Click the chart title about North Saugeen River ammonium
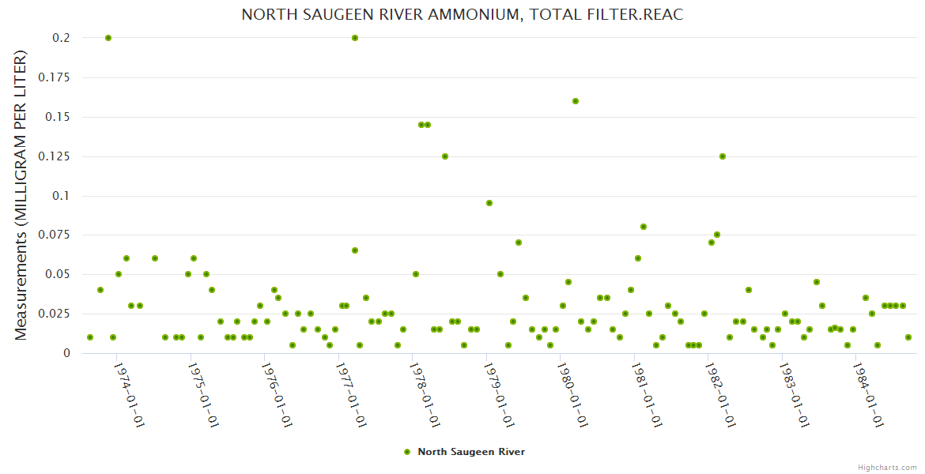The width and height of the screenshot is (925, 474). [x=462, y=15]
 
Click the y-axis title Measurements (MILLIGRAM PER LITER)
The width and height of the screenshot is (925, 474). [x=21, y=195]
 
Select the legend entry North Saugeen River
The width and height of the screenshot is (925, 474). [x=470, y=452]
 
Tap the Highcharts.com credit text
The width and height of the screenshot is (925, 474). [x=887, y=467]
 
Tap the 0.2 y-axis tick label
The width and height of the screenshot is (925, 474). [x=62, y=38]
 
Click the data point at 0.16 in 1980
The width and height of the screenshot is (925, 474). [x=576, y=101]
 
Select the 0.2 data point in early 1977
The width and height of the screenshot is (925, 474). [x=355, y=38]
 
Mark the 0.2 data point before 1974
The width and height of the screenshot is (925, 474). [x=108, y=38]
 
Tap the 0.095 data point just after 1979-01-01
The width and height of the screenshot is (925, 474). [x=489, y=203]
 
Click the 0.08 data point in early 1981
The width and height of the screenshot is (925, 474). [x=644, y=227]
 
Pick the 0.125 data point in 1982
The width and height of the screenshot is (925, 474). [x=723, y=156]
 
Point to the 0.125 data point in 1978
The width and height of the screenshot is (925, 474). [x=445, y=156]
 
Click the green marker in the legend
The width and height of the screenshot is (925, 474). [x=407, y=452]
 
